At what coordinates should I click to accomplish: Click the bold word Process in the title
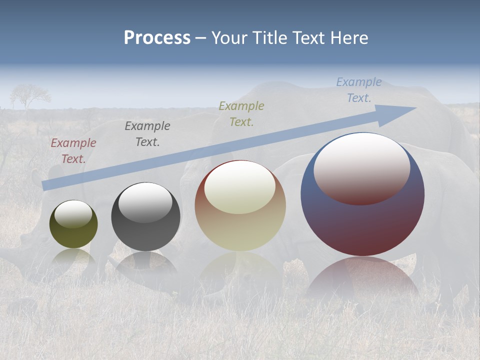pyautogui.click(x=157, y=38)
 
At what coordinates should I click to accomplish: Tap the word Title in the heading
pyautogui.click(x=270, y=38)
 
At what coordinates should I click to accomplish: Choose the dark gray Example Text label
pyautogui.click(x=147, y=134)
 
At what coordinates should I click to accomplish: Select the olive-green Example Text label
pyautogui.click(x=241, y=114)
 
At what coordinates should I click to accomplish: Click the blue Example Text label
pyautogui.click(x=359, y=90)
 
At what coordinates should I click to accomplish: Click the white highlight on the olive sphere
pyautogui.click(x=73, y=214)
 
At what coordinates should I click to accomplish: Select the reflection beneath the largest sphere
pyautogui.click(x=362, y=280)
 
